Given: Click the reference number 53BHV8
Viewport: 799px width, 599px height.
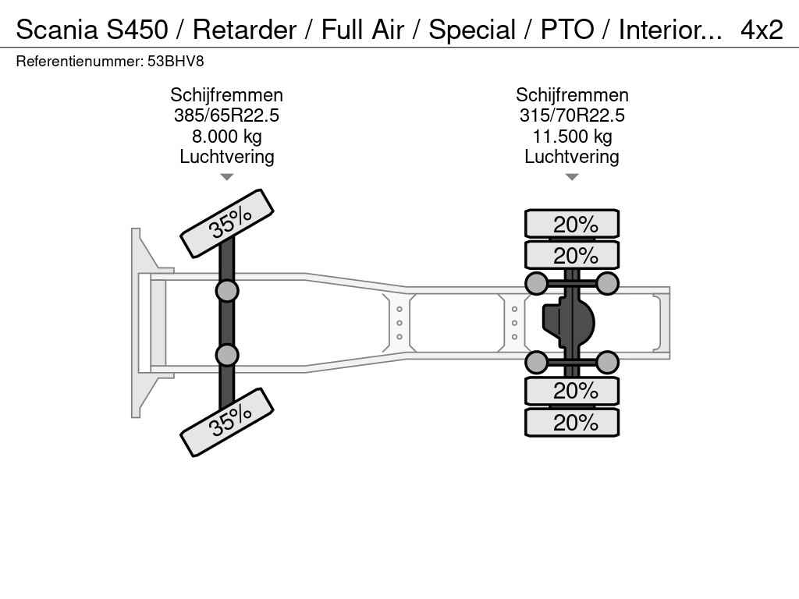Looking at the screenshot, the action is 176,62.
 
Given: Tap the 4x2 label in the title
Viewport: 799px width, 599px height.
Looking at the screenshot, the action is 762,30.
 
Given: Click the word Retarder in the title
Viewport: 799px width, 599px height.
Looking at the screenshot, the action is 244,30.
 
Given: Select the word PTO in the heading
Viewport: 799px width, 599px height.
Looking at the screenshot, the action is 567,30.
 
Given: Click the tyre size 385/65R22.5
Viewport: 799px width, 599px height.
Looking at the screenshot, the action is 227,115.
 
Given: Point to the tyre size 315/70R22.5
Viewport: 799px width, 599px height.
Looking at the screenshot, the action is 572,115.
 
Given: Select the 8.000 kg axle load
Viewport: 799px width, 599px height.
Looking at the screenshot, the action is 227,136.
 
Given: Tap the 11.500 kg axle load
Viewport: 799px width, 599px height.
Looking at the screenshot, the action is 572,136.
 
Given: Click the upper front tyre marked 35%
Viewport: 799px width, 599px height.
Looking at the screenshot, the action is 227,223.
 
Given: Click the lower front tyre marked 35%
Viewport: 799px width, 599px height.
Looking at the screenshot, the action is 227,422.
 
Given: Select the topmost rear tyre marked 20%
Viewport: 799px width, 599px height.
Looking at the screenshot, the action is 572,224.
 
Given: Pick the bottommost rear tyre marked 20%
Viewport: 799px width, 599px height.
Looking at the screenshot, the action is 572,422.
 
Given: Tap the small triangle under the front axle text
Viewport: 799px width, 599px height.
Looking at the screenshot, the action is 227,177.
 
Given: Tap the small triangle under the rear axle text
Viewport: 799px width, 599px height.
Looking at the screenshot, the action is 572,177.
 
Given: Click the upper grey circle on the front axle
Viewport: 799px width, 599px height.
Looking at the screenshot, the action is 227,292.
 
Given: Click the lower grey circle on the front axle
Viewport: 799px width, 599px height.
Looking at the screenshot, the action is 227,355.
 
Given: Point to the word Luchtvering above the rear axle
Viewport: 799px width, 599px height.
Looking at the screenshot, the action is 572,157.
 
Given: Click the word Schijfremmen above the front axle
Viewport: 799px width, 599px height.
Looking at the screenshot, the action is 227,95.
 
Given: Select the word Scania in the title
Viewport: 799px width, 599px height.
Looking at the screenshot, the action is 57,30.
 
